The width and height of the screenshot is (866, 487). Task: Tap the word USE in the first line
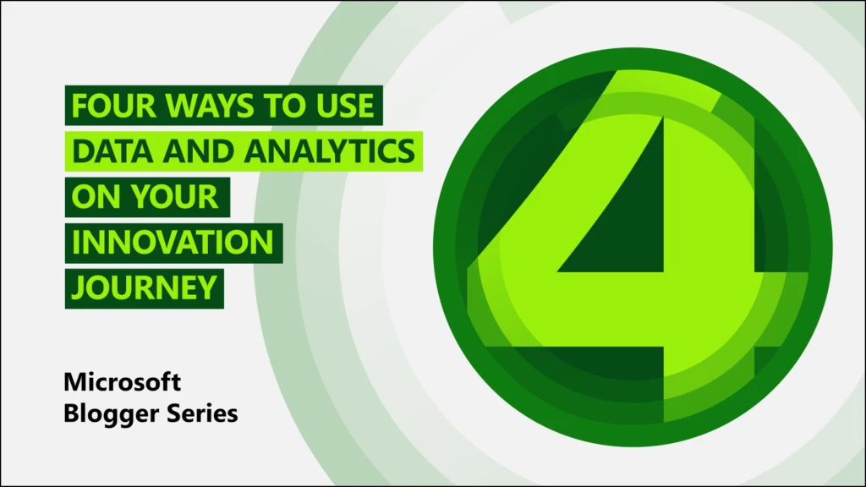tap(342, 107)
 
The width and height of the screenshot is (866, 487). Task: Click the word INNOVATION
tap(173, 243)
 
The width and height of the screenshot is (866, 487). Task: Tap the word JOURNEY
tap(144, 287)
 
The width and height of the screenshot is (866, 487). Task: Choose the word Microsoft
tap(123, 382)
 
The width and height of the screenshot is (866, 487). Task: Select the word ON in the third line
tap(94, 197)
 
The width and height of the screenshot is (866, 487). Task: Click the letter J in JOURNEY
tap(77, 287)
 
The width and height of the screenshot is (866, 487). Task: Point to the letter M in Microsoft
tap(75, 382)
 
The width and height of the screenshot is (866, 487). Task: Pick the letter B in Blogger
tap(72, 414)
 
